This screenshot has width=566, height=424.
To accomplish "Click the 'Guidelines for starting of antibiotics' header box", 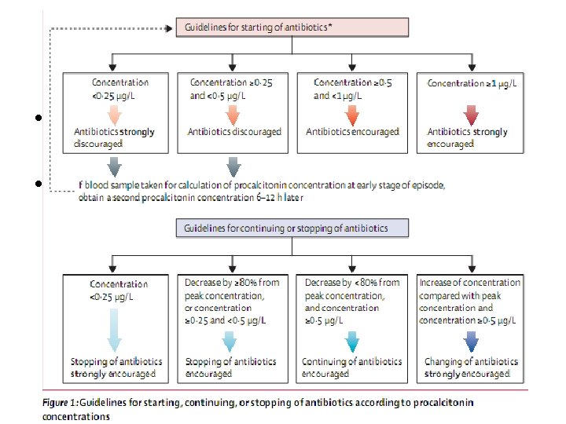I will tap(292, 27).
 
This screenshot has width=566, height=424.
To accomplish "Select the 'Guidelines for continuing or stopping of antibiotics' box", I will tap(292, 228).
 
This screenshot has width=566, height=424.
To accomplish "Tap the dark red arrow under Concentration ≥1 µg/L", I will tap(470, 115).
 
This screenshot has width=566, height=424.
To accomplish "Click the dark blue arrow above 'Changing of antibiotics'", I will tap(470, 342).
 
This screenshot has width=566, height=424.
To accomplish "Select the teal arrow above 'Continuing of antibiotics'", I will tap(351, 342).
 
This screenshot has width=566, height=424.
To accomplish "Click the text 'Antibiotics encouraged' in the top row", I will tap(352, 132).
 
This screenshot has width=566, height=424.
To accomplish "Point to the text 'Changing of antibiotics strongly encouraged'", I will tap(470, 367).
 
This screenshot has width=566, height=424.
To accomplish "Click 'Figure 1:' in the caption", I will tap(62, 403).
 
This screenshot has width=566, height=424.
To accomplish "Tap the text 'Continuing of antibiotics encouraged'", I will tap(351, 367).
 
